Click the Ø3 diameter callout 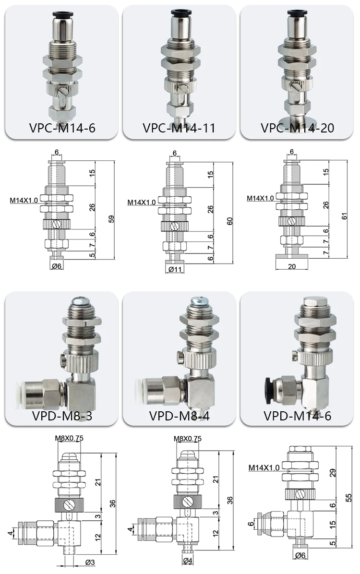(x=89, y=562)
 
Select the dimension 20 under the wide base (x=291, y=265)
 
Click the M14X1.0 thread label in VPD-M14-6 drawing (x=264, y=467)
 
